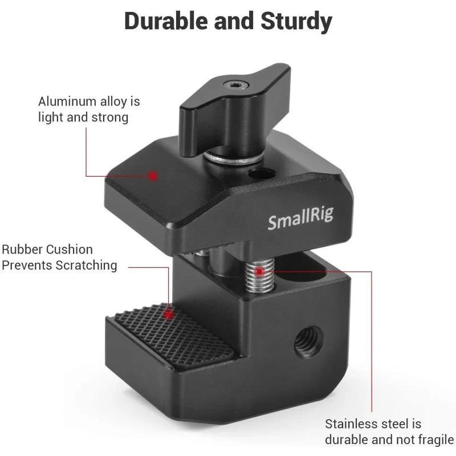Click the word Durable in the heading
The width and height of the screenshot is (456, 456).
[166, 21]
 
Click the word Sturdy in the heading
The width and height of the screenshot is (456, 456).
[296, 22]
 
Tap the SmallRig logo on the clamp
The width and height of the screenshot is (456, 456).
[300, 218]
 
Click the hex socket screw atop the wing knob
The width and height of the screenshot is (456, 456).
[237, 85]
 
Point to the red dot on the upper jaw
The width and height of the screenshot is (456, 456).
[152, 176]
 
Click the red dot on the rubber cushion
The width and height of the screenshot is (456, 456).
[168, 315]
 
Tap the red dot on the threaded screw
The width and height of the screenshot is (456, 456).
[259, 272]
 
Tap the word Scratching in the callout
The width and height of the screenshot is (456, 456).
[87, 266]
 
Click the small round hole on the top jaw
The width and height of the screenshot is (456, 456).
[262, 174]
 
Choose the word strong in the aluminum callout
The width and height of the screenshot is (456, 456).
[109, 118]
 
